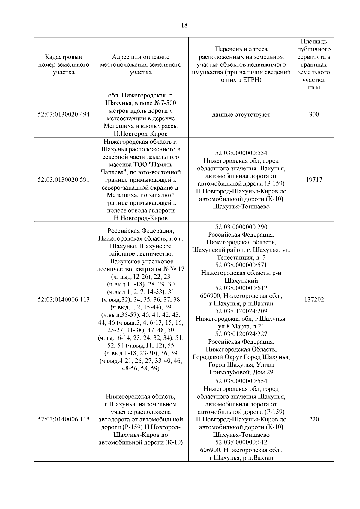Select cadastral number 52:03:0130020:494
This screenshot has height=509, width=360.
coord(64,115)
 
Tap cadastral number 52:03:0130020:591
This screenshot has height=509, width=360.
coord(64,180)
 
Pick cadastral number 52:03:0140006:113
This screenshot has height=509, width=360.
coord(64,299)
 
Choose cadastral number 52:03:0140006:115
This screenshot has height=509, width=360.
coord(64,419)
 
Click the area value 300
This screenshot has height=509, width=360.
coord(314,115)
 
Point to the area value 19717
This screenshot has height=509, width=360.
coord(314,180)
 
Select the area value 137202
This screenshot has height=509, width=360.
coord(314,299)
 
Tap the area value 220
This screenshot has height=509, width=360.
coord(314,419)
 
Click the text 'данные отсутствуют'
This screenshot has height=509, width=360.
coord(241,115)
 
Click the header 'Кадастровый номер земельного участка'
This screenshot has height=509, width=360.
coord(64,64)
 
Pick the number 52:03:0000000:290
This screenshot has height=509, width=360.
coord(241,227)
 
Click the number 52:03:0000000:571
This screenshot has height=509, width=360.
coord(241,265)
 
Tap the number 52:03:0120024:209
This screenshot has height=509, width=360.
coord(241,311)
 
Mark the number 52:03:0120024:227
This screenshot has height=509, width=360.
coord(241,334)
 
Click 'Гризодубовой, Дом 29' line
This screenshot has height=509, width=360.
coord(241,373)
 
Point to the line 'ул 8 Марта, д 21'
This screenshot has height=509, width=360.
coord(241,326)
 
